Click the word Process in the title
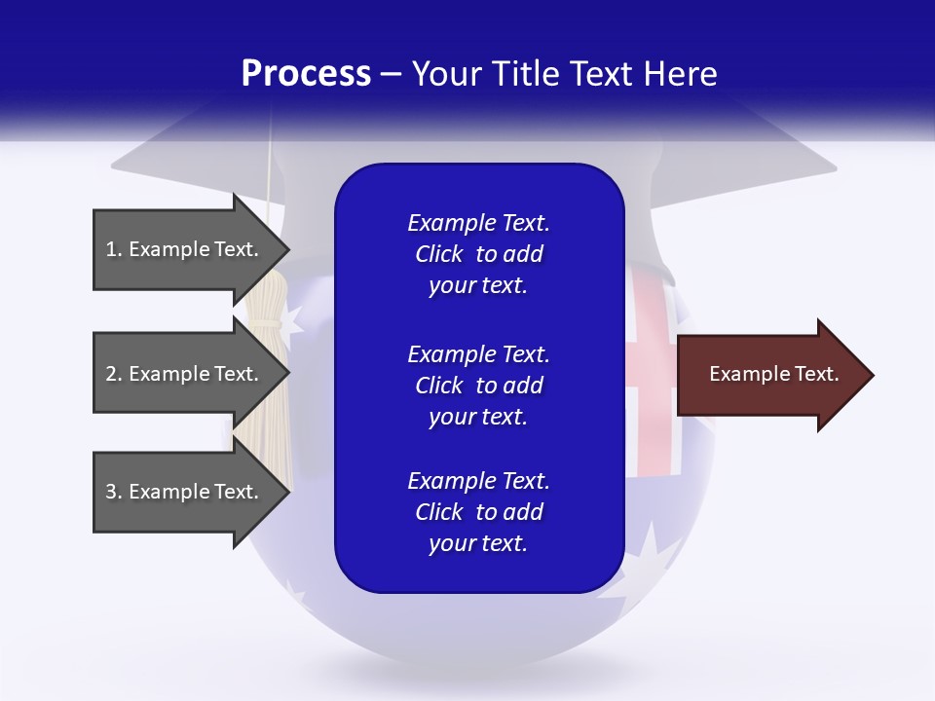(306, 74)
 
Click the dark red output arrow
(769, 375)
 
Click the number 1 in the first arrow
(111, 249)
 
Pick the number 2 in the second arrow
(111, 374)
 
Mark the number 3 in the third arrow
(111, 492)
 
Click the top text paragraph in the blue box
(478, 254)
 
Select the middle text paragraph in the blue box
(478, 386)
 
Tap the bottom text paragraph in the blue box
(478, 512)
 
